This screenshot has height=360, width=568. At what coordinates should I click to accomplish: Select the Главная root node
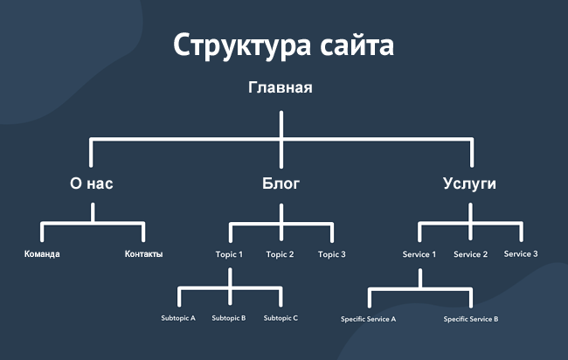click(x=281, y=87)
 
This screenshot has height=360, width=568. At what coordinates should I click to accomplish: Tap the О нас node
click(x=92, y=184)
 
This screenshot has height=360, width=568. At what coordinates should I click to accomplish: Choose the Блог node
click(x=281, y=184)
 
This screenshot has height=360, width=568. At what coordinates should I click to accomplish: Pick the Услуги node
click(x=470, y=184)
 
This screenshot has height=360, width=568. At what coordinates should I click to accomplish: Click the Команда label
click(x=42, y=254)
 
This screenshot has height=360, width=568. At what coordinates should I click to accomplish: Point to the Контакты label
click(x=144, y=254)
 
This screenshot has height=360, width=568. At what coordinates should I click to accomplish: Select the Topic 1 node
click(x=229, y=254)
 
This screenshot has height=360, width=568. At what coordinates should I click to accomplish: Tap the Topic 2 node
click(x=280, y=254)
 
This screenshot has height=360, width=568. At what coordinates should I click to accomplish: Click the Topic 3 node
click(x=332, y=254)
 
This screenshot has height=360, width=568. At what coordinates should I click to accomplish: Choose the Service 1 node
click(x=419, y=254)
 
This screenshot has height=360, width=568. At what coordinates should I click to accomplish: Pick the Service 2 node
click(x=470, y=254)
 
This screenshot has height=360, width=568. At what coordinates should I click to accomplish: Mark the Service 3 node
click(x=521, y=253)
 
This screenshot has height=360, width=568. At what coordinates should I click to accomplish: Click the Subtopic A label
click(x=178, y=318)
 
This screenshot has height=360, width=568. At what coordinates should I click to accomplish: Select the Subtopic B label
click(x=229, y=318)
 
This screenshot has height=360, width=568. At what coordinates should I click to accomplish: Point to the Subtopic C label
click(x=281, y=318)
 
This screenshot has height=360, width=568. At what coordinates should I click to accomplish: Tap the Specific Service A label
click(x=368, y=319)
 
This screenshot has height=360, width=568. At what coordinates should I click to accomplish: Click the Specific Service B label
click(x=471, y=319)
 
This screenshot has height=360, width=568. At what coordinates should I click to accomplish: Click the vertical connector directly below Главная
click(x=281, y=124)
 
